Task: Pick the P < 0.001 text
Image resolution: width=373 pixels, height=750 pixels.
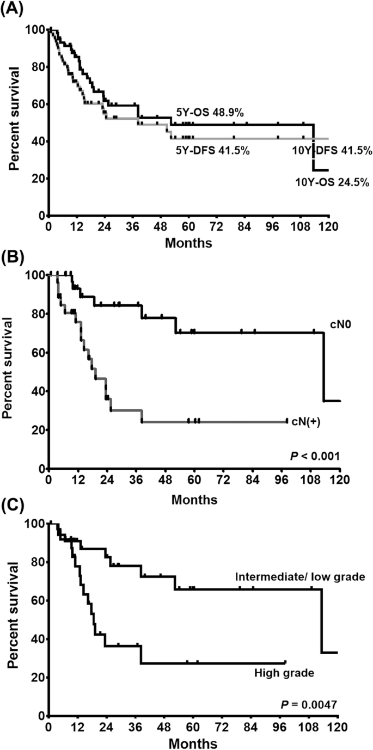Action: pyautogui.click(x=315, y=454)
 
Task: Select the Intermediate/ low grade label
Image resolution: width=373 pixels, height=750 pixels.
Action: pyautogui.click(x=299, y=576)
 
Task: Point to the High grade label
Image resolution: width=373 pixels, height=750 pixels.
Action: pyautogui.click(x=284, y=673)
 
